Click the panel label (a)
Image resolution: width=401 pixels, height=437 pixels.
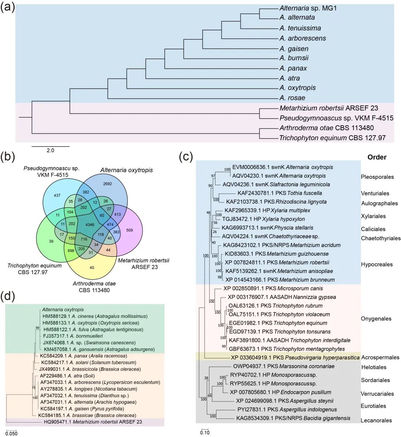click(8, 7)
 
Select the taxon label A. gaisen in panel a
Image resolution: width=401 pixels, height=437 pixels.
click(294, 49)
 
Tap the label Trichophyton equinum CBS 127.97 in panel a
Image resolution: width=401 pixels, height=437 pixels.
click(332, 138)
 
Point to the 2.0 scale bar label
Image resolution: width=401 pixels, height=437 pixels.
click(50, 150)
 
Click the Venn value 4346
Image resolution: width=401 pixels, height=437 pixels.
click(90, 225)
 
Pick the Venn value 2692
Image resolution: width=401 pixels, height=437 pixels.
click(108, 184)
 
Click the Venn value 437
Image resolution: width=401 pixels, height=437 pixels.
click(57, 195)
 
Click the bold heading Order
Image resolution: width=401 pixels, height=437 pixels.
click(377, 157)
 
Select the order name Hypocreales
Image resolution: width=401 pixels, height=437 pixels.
click(376, 264)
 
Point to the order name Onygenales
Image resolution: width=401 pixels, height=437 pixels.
click(376, 319)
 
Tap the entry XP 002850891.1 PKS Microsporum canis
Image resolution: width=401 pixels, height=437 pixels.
click(273, 288)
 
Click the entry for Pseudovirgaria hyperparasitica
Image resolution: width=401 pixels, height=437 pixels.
click(295, 358)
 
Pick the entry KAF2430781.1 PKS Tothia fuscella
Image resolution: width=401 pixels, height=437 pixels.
click(280, 193)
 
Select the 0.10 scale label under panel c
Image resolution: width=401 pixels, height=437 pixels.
click(205, 433)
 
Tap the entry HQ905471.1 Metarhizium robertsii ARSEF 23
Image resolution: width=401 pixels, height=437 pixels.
click(92, 422)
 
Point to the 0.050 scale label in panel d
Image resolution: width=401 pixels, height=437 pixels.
click(11, 433)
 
